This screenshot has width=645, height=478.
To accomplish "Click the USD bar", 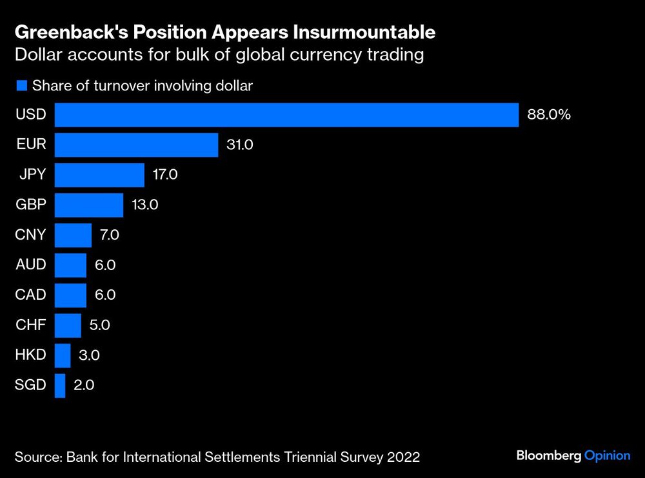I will coord(286,115).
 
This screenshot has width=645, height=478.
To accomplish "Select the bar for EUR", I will coord(136,145).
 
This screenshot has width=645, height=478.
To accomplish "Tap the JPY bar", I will coord(99,174).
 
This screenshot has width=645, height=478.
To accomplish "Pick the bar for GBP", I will coord(88,205).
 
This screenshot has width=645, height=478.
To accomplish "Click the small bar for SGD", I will coord(60,385).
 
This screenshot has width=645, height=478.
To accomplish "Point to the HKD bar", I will coord(63,355).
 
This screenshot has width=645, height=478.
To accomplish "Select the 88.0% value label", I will coord(549,115).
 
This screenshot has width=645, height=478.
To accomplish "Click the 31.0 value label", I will coord(240,145).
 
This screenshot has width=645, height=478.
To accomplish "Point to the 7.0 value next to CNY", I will coord(109,235).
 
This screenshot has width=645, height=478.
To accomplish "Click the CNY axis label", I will coord(30,234).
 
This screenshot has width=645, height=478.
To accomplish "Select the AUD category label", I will coord(30,265).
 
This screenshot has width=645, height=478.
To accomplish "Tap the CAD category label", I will coord(30,295).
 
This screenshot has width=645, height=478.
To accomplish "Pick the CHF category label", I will coord(30,325).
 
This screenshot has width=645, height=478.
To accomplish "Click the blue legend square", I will coord(21,85).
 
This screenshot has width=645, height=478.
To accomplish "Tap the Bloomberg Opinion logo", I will coord(573,456).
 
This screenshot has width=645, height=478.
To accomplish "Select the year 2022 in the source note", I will coord(404,457).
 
